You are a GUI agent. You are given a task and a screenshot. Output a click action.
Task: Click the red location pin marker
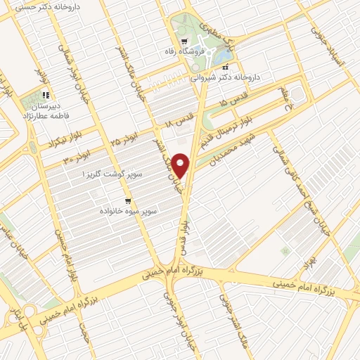click(x=182, y=166)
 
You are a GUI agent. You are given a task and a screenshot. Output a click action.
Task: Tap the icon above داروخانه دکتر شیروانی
click(x=225, y=67)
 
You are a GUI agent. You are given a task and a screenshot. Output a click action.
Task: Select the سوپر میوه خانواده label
click(x=127, y=210)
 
